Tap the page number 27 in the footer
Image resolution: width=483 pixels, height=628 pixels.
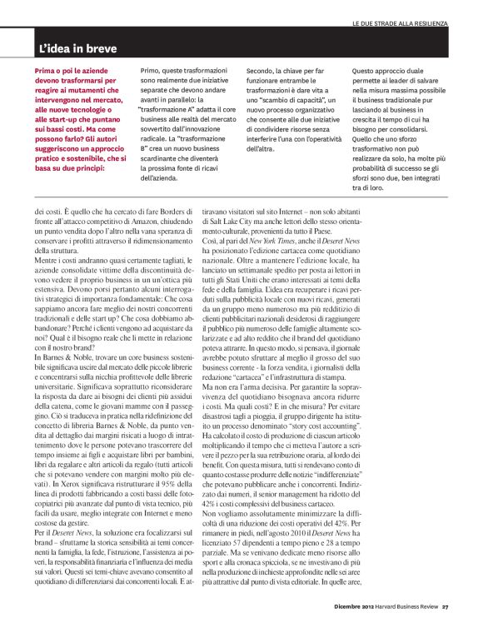click(446, 606)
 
